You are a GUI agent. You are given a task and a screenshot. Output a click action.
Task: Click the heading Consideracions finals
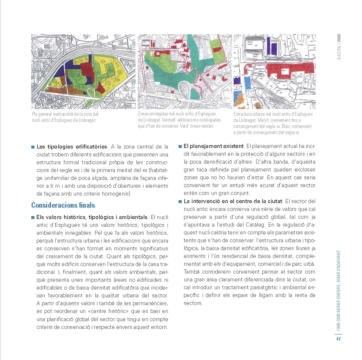(x=63, y=205)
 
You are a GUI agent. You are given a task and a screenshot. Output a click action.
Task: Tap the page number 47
(x=339, y=339)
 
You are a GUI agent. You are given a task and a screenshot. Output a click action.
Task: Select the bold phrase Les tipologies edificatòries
(x=72, y=147)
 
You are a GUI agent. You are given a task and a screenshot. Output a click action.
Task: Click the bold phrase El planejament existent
(x=214, y=146)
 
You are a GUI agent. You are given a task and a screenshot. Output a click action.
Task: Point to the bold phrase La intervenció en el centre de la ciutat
(x=233, y=201)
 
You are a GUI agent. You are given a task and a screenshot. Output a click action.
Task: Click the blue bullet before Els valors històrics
(x=33, y=217)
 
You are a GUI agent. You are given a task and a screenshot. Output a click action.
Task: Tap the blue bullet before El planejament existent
(x=180, y=146)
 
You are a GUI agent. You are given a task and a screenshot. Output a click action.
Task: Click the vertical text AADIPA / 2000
(x=339, y=47)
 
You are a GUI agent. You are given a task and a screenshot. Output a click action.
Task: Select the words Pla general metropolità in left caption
(x=52, y=114)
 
